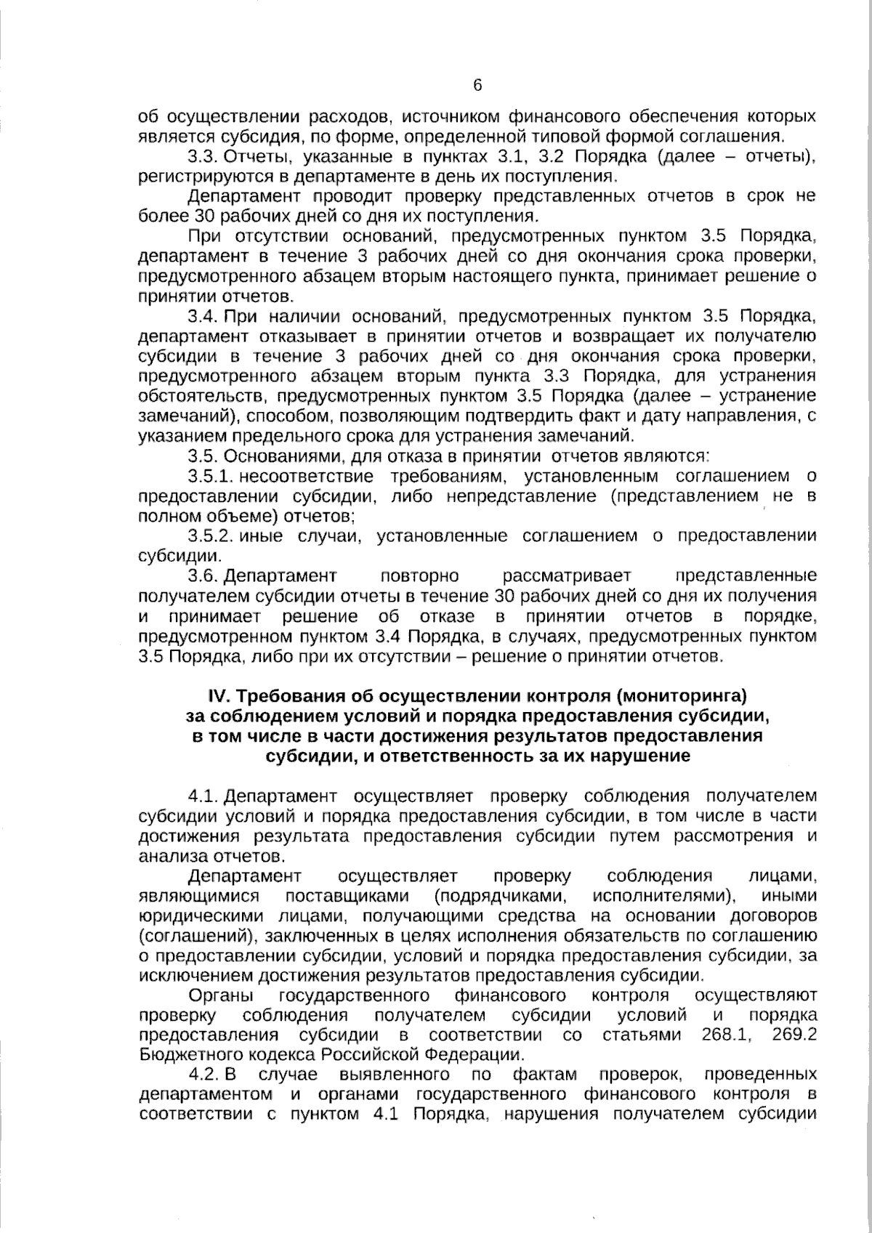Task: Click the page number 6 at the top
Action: point(477,86)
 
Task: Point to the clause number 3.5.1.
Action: point(209,477)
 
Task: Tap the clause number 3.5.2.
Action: point(209,536)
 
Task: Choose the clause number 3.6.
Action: point(203,576)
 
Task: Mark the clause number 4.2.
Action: point(203,1074)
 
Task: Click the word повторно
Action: point(419,576)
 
